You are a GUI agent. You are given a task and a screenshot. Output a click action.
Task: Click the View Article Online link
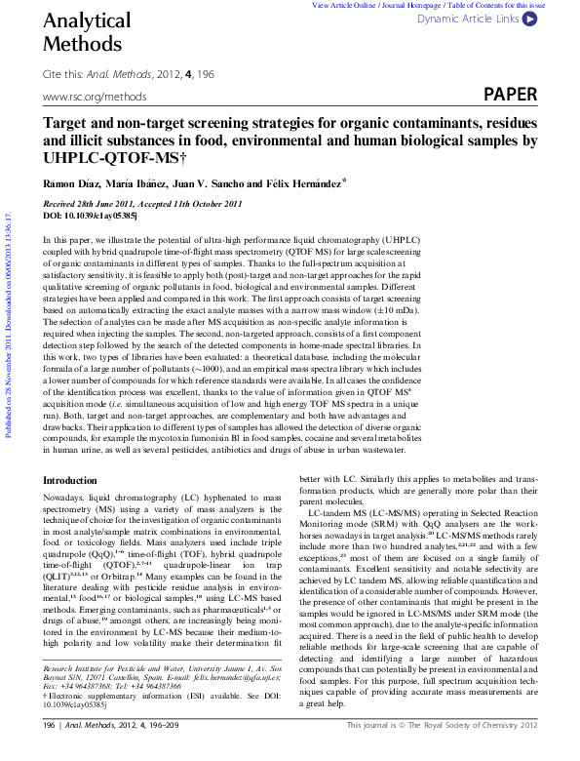(x=347, y=5)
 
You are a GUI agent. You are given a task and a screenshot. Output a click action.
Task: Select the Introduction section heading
(x=70, y=481)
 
